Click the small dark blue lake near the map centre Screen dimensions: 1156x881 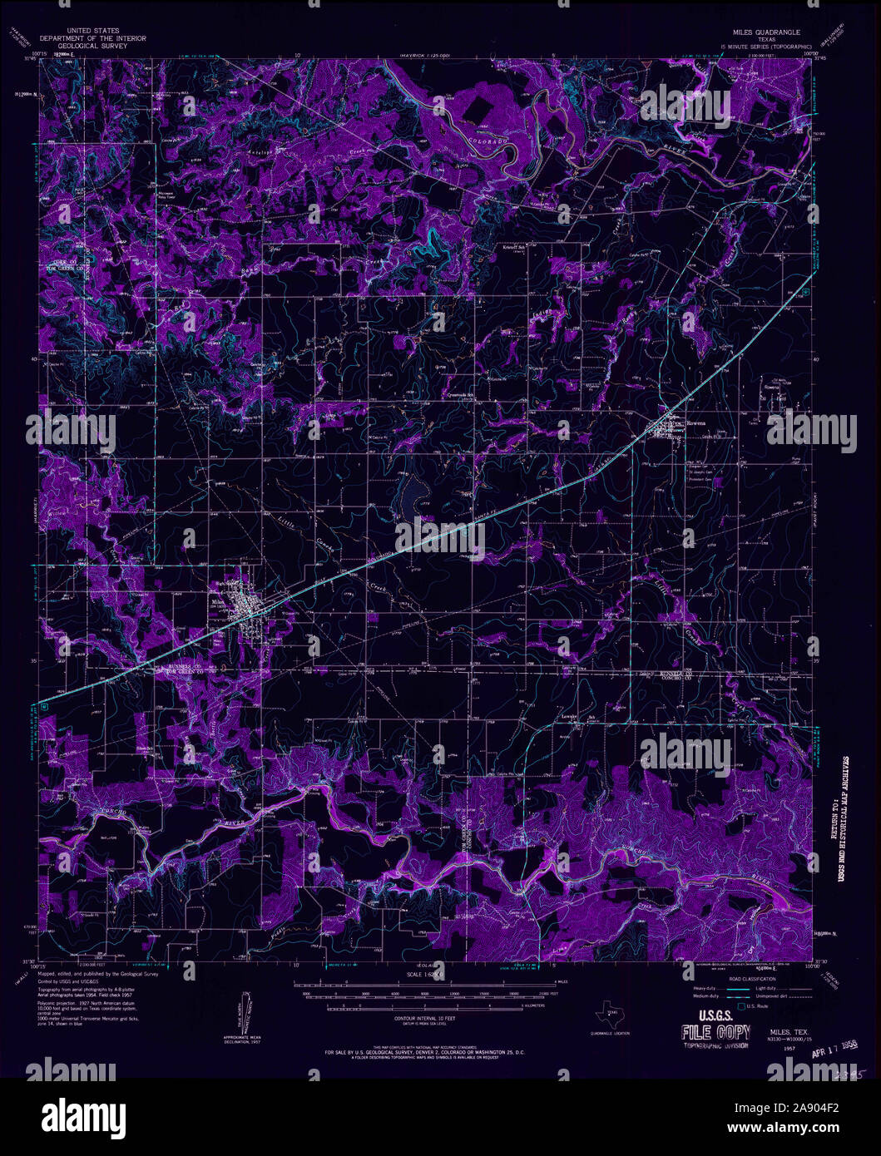click(411, 495)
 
